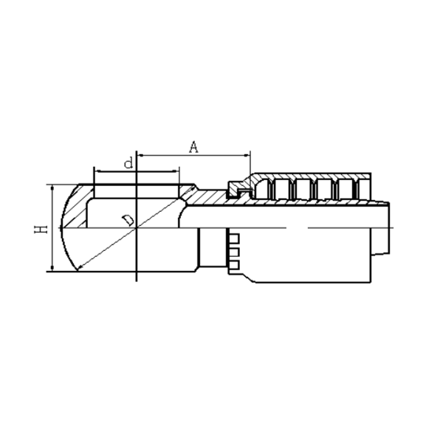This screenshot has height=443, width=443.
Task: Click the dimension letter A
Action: [x=194, y=146]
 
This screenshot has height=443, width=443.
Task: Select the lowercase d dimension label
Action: [x=128, y=162]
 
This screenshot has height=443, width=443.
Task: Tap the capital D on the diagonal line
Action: [x=128, y=220]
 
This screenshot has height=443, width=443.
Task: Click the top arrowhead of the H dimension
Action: [x=52, y=188]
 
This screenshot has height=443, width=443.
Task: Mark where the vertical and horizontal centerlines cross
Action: [x=137, y=227]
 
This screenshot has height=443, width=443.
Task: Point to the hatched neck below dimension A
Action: [x=210, y=198]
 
